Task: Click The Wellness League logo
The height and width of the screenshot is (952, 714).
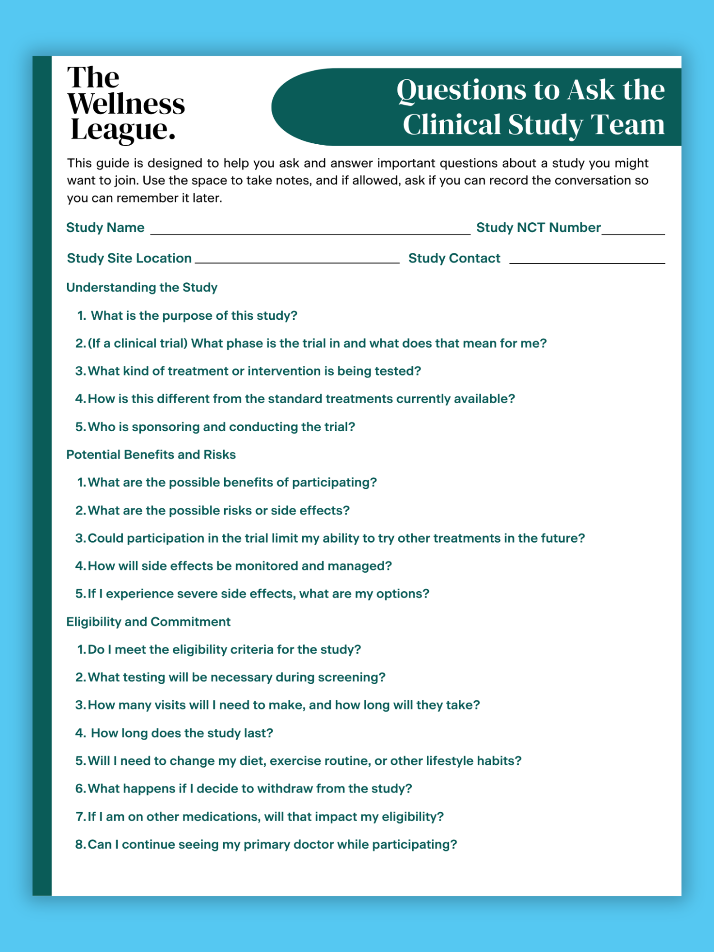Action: click(x=126, y=103)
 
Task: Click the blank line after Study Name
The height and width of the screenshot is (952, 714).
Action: click(x=310, y=233)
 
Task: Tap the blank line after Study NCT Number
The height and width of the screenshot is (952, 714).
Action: click(x=633, y=233)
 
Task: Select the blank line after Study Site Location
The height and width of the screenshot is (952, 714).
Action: click(x=297, y=261)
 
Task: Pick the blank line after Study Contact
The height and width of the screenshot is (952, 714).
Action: click(x=587, y=262)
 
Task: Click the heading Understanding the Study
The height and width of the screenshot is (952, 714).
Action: click(x=142, y=288)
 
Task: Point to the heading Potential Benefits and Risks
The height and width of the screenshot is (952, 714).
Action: click(x=151, y=455)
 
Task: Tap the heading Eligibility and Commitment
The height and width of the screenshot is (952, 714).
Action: click(x=148, y=622)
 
